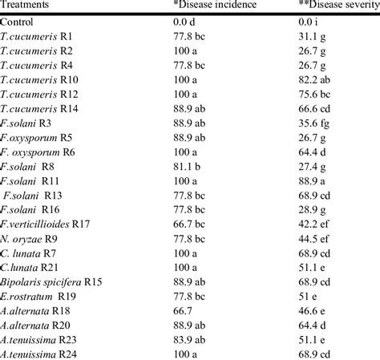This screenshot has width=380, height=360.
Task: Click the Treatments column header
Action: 27,5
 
